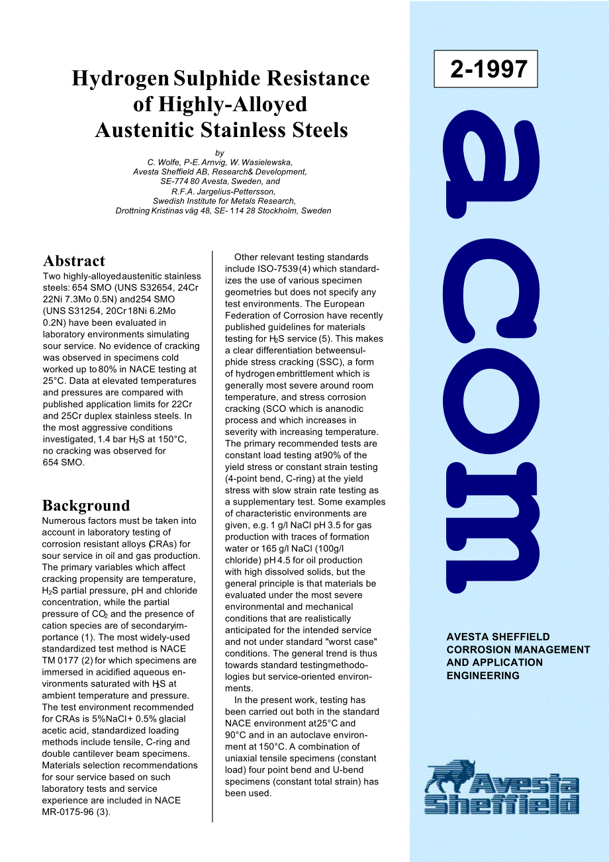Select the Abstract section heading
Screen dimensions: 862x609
74,261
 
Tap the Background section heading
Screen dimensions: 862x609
86,506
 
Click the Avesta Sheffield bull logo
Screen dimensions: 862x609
502,788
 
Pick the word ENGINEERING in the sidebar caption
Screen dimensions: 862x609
483,676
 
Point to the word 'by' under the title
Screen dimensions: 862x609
220,152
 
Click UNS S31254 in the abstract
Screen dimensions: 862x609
71,311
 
